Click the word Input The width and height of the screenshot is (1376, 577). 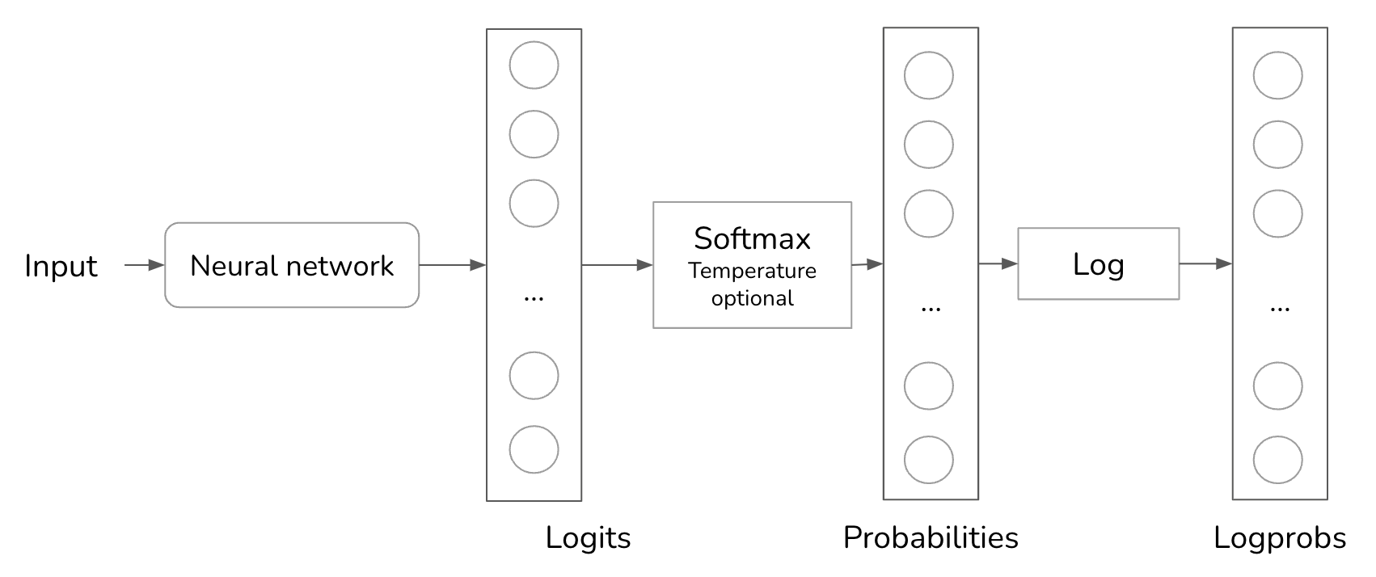click(61, 266)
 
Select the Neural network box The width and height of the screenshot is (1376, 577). click(292, 265)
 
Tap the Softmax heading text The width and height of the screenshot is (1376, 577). click(752, 238)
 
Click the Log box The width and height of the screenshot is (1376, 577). click(1098, 264)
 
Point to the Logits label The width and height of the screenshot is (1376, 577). click(588, 538)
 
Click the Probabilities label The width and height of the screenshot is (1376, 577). click(931, 538)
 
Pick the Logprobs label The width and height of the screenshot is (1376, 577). click(1280, 538)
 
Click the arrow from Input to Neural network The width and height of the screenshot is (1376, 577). click(144, 265)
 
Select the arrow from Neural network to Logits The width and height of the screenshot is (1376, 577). click(452, 265)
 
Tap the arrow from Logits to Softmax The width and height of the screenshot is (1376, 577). click(617, 265)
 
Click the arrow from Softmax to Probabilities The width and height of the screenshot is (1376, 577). click(867, 264)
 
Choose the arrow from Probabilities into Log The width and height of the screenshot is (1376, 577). click(998, 263)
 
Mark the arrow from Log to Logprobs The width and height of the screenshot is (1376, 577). click(1205, 263)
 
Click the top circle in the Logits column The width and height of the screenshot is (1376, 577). click(534, 65)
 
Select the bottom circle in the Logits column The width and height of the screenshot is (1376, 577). click(534, 449)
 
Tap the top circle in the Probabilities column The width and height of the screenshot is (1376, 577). click(929, 75)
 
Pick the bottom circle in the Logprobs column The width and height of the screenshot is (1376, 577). click(1278, 460)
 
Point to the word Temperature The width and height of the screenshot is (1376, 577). click(752, 271)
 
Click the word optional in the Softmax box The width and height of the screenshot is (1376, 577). click(752, 298)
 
